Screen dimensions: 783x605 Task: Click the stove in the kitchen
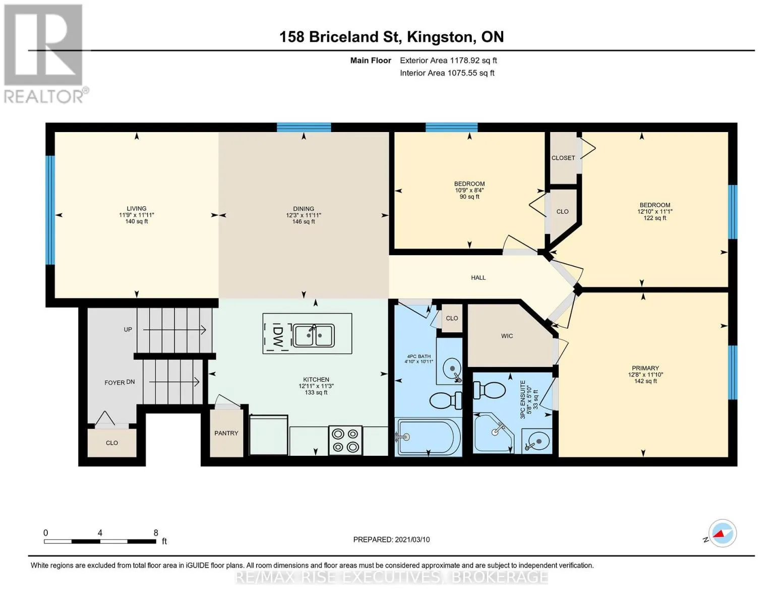tap(345, 440)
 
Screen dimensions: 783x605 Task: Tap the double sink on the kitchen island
tap(313, 335)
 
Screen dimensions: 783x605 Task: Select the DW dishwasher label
tap(277, 337)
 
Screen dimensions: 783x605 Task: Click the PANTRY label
tap(226, 433)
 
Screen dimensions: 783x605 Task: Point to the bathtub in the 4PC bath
tap(428, 438)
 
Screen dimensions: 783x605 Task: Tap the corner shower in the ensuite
tap(493, 433)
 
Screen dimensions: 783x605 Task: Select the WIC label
tap(507, 336)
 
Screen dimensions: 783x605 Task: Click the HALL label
tap(478, 277)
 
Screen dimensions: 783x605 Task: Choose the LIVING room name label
tap(137, 208)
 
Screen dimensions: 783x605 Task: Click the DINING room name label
tap(304, 209)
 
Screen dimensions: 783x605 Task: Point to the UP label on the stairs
tap(128, 329)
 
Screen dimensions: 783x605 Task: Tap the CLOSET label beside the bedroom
tap(563, 158)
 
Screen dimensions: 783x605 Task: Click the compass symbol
tap(722, 533)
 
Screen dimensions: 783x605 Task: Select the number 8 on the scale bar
tap(156, 533)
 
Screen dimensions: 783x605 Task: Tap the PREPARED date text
tap(391, 539)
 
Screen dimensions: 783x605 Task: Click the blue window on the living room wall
tap(50, 210)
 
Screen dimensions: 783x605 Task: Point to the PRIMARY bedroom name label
tap(645, 368)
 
